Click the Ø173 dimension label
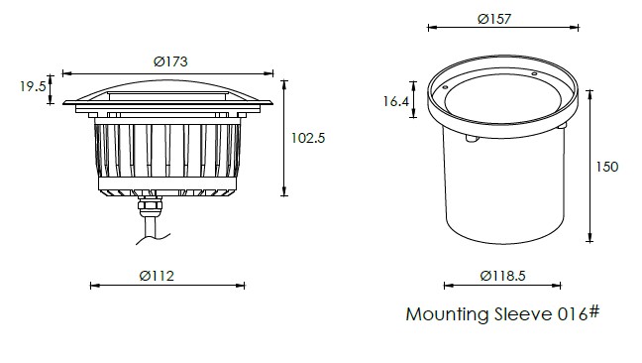tap(170, 61)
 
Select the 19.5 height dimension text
tap(33, 86)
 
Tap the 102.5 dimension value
tap(308, 138)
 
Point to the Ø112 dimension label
tap(157, 276)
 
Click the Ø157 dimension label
tap(494, 19)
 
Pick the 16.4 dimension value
tap(396, 101)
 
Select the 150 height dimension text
tap(606, 167)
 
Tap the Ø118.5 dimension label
tap(502, 276)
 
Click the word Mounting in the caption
tap(448, 314)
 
